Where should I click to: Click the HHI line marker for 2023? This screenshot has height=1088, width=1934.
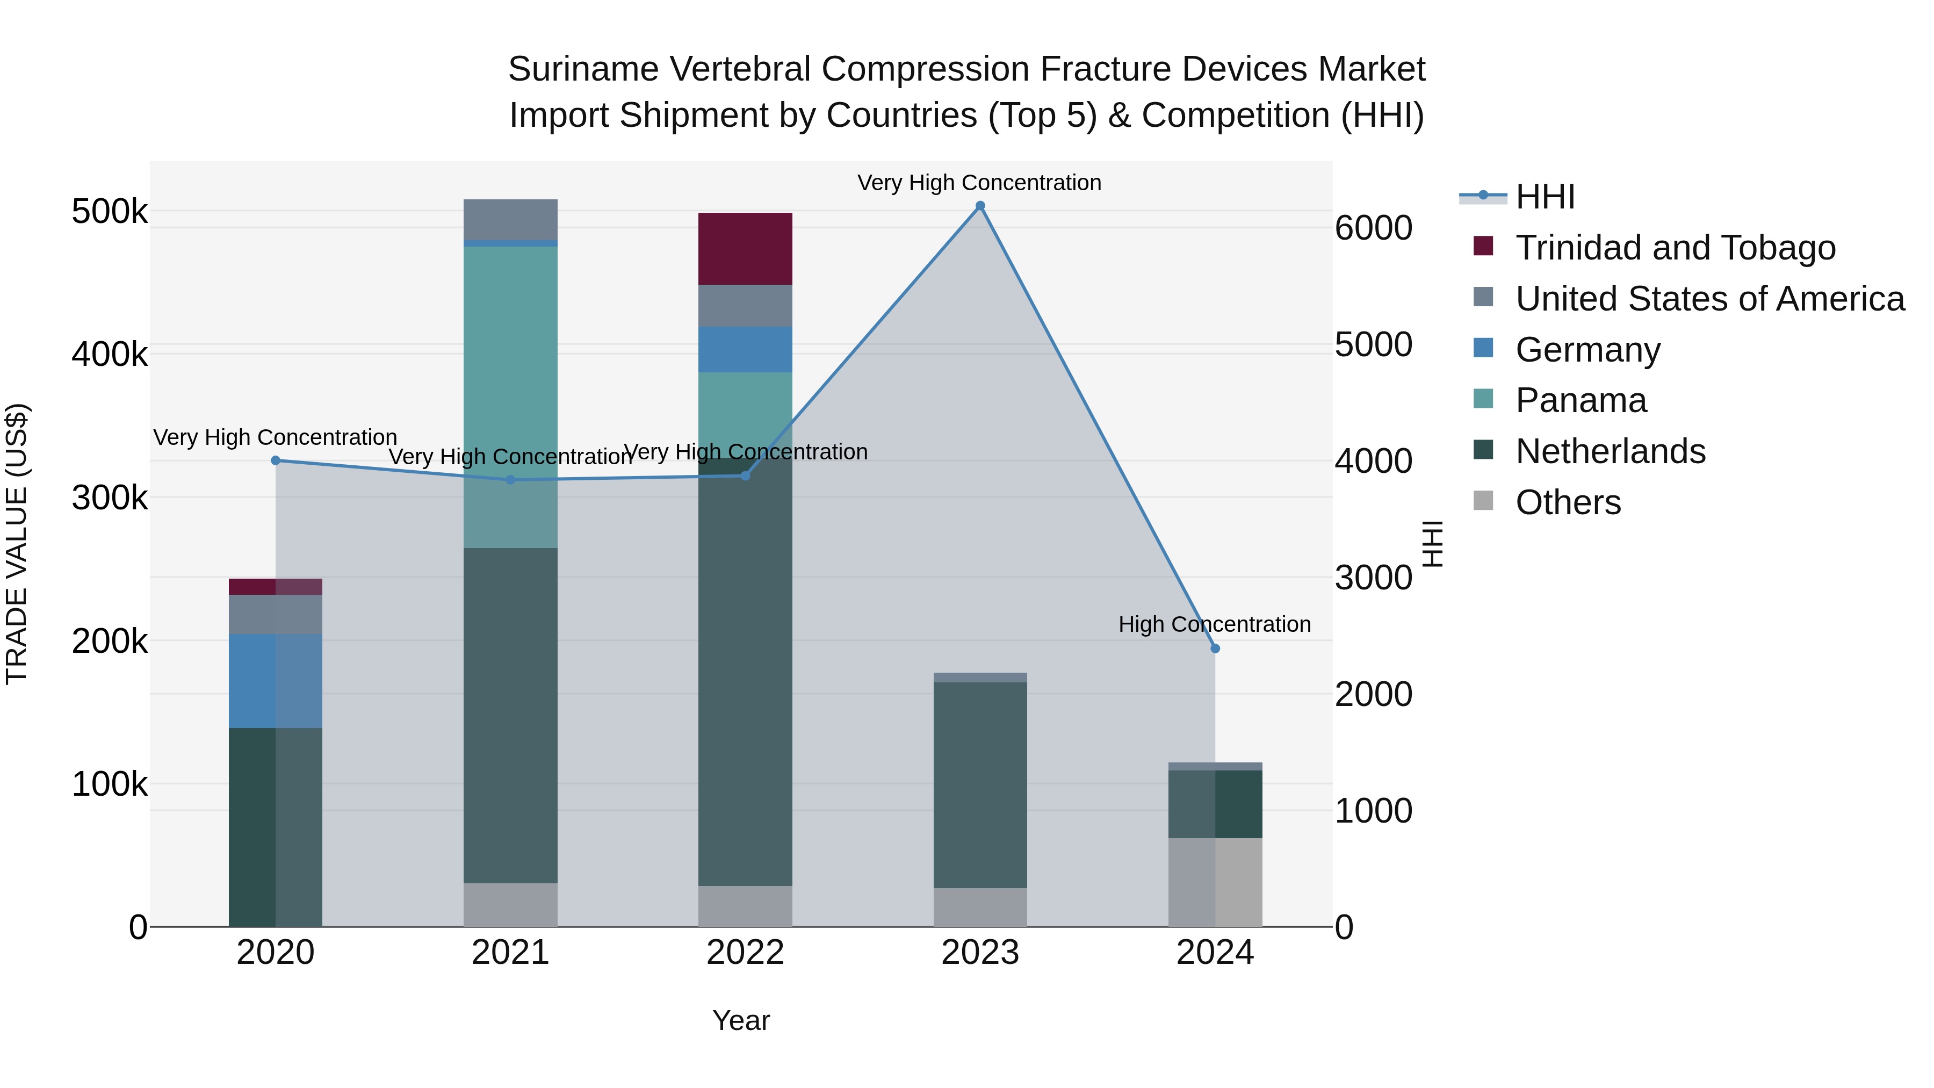pyautogui.click(x=980, y=206)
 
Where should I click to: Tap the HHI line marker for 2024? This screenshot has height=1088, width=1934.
pyautogui.click(x=1215, y=648)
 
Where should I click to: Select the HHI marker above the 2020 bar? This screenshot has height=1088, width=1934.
pyautogui.click(x=276, y=460)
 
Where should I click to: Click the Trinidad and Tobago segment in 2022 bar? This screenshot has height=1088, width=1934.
pyautogui.click(x=745, y=249)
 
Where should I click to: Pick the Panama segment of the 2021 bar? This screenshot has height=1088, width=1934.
pyautogui.click(x=510, y=397)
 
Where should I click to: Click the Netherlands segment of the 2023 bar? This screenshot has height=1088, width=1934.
pyautogui.click(x=980, y=784)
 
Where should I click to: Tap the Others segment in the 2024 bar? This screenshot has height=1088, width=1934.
pyautogui.click(x=1215, y=882)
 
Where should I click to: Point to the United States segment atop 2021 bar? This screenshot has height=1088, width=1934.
pyautogui.click(x=510, y=219)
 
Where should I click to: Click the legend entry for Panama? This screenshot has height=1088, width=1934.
pyautogui.click(x=1581, y=400)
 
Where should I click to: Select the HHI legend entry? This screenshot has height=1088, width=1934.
pyautogui.click(x=1545, y=197)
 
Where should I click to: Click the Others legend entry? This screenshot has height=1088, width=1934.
pyautogui.click(x=1568, y=502)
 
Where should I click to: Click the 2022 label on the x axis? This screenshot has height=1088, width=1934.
pyautogui.click(x=745, y=953)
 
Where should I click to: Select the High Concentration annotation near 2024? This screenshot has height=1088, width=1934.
pyautogui.click(x=1214, y=624)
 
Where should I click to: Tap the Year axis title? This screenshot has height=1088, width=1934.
pyautogui.click(x=740, y=1020)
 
